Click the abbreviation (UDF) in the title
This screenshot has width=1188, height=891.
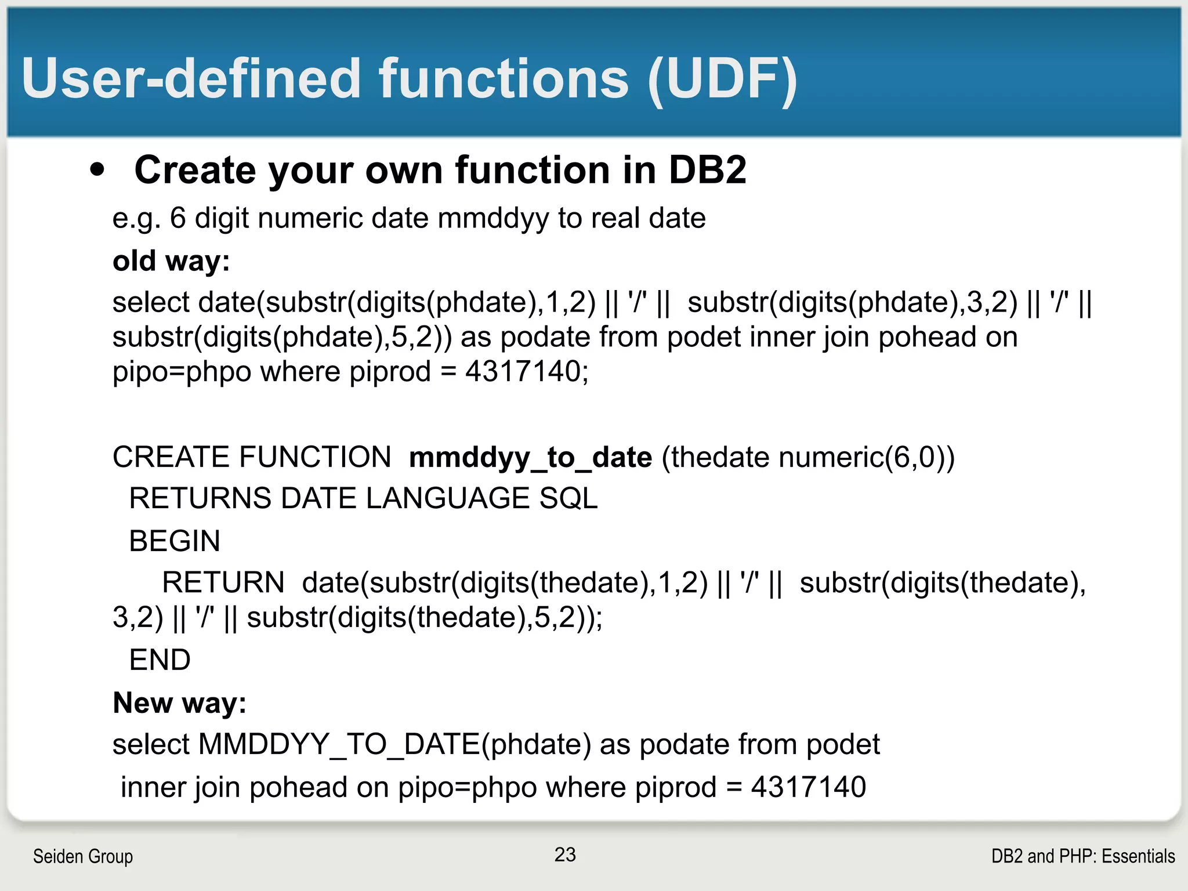(x=722, y=79)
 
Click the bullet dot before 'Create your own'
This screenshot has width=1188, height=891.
(x=98, y=170)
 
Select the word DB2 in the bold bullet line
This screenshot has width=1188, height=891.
(x=707, y=170)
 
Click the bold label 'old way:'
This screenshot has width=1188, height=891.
(x=171, y=260)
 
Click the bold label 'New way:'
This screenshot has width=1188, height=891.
(x=179, y=702)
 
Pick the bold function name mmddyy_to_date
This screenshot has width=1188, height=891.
(x=530, y=457)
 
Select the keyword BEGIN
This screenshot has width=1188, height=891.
(x=175, y=541)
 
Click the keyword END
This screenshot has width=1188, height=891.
(x=160, y=660)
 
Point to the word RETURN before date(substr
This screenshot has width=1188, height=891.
(x=223, y=582)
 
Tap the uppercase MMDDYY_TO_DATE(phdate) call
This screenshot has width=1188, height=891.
(x=394, y=744)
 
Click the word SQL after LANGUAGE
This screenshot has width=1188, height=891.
(x=568, y=498)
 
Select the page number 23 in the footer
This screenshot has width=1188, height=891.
(x=565, y=854)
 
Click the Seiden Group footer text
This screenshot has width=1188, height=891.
(x=83, y=856)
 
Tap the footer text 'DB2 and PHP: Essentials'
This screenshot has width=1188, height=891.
(x=1082, y=856)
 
